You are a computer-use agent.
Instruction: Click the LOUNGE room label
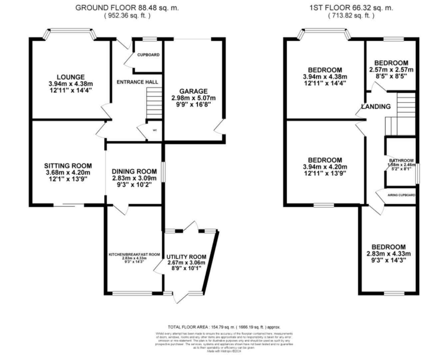point(70,77)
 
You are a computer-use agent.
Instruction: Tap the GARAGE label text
point(193,91)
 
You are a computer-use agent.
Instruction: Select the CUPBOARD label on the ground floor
point(148,55)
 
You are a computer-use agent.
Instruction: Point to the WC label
point(155,130)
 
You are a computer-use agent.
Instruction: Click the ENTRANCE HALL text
point(137,82)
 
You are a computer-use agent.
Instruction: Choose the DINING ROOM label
point(134,171)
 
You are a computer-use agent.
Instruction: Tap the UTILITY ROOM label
point(186,257)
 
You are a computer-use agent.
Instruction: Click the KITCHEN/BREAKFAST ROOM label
point(134,254)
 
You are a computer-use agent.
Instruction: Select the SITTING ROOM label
point(68,166)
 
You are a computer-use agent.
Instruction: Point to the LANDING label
point(376,106)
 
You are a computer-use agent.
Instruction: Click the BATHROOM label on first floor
point(401,160)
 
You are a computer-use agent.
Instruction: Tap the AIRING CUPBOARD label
point(401,195)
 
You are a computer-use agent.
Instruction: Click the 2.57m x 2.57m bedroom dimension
point(391,70)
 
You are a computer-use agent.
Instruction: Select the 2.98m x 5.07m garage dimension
point(193,98)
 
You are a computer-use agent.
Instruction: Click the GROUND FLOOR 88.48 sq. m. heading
point(127,8)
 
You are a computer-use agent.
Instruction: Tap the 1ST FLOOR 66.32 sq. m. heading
point(351,8)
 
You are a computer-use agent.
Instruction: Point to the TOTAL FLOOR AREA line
point(224,327)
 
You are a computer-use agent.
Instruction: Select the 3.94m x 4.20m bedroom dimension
point(325,167)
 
